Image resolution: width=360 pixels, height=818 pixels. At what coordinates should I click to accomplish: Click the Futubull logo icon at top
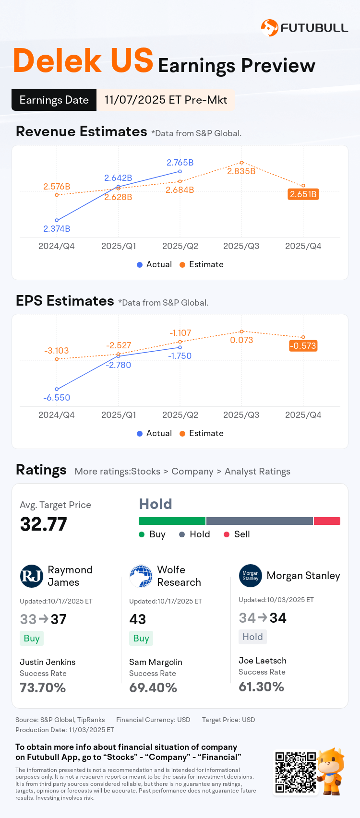[269, 28]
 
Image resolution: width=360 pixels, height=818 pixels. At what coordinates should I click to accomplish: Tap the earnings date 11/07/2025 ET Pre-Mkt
[166, 100]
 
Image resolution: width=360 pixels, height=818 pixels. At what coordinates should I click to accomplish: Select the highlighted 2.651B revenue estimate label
[303, 194]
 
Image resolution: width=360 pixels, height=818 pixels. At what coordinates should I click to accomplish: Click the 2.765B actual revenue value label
[180, 163]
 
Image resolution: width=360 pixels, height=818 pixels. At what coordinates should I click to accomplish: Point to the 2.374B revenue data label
[57, 229]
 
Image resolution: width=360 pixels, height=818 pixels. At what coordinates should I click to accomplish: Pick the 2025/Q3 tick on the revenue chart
[241, 246]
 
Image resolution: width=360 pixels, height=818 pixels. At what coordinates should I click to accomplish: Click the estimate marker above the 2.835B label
[241, 163]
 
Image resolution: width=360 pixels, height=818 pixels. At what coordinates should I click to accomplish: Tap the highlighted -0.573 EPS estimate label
[303, 346]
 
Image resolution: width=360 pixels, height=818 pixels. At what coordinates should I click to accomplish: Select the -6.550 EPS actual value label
[57, 398]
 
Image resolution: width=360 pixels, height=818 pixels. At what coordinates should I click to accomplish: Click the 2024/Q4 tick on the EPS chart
[57, 415]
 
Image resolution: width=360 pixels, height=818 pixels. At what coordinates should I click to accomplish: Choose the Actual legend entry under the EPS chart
[154, 433]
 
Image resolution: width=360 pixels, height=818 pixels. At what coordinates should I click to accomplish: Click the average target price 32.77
[43, 524]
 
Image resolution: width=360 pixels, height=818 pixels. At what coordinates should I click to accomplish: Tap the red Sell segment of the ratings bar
[327, 521]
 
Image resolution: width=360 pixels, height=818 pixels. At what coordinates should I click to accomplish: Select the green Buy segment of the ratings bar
[172, 521]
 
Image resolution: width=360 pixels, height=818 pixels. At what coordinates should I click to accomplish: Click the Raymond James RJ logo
[32, 576]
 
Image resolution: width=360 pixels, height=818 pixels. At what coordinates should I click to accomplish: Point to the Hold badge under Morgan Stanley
[252, 637]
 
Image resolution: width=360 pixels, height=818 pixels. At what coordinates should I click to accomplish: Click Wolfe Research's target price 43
[138, 619]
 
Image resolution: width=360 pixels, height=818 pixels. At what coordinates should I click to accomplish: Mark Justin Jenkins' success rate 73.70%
[43, 688]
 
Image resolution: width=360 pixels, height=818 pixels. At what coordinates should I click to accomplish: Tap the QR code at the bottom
[295, 772]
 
